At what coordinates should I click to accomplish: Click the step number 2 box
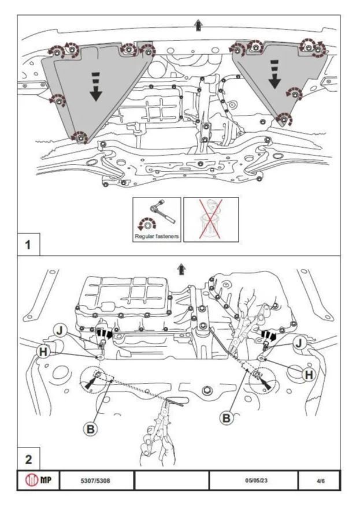point(28,460)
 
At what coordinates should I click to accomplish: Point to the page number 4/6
point(320,480)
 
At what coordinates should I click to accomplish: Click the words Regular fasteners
point(157,236)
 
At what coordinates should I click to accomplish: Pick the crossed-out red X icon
point(211,219)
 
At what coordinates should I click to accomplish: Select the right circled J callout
point(299,343)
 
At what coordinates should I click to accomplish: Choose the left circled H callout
point(43,350)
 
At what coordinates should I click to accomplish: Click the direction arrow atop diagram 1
point(198,25)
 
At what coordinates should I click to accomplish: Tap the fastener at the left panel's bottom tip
point(80,137)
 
